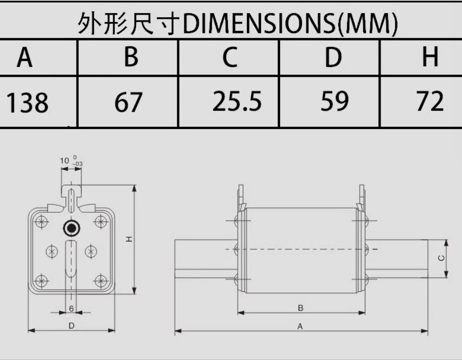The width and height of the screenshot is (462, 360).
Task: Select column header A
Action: click(x=24, y=57)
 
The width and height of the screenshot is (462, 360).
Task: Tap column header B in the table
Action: click(x=131, y=57)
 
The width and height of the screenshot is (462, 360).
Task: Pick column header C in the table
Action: click(x=230, y=57)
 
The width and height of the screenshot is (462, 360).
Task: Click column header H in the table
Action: click(x=430, y=57)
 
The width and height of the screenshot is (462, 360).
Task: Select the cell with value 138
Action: click(x=27, y=102)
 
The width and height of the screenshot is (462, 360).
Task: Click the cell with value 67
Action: click(x=128, y=102)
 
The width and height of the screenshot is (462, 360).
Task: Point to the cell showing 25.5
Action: click(x=237, y=102)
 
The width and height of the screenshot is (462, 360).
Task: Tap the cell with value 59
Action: click(x=335, y=102)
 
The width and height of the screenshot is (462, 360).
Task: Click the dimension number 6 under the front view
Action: click(x=71, y=308)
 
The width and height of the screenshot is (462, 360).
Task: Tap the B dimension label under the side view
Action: click(x=301, y=308)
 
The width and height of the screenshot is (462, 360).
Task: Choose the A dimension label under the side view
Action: click(x=300, y=327)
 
